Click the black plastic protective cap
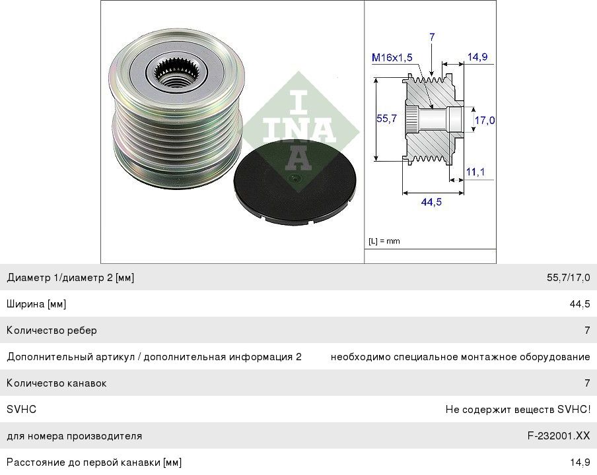295,182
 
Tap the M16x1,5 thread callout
392,57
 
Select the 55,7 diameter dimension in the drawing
386,119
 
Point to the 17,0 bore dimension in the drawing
485,120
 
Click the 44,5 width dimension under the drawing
431,202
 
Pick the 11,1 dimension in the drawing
475,172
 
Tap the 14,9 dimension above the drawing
477,57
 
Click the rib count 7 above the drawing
432,37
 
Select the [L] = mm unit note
384,241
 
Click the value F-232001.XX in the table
559,436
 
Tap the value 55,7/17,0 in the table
569,278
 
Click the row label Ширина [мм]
36,304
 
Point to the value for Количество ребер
587,330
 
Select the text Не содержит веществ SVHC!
518,410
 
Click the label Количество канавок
56,383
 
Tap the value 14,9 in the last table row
580,462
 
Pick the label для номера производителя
74,436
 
